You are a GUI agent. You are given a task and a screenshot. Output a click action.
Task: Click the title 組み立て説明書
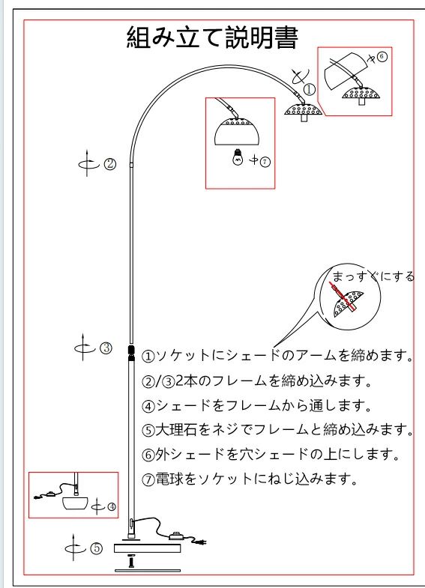point(212,37)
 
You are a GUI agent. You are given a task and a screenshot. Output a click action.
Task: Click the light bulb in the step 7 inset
point(238,157)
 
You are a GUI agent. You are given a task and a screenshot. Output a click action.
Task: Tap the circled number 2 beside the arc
point(110,164)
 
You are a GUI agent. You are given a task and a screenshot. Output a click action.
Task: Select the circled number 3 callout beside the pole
point(106,348)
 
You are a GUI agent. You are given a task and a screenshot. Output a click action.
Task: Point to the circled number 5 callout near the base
point(97,548)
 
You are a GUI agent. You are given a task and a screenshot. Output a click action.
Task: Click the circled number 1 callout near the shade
point(309,89)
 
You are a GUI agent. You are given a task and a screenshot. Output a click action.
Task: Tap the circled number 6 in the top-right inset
point(382,57)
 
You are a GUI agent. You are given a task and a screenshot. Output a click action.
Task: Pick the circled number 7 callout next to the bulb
point(265,162)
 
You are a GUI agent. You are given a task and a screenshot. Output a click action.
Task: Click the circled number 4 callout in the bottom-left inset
point(112,507)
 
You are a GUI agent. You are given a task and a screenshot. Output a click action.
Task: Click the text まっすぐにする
point(373,276)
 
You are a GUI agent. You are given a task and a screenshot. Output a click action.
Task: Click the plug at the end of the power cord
point(201,542)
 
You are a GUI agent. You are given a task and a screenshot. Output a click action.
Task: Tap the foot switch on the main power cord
point(178,536)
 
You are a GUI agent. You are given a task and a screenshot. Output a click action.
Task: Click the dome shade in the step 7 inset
point(237,132)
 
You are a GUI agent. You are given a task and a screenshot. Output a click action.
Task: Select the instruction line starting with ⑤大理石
point(277,429)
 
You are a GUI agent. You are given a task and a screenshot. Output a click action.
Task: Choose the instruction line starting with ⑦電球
point(249,479)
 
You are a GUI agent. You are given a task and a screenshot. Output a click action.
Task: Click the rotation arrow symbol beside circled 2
point(88,163)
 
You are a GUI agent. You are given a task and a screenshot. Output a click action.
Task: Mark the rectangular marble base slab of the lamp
point(148,548)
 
